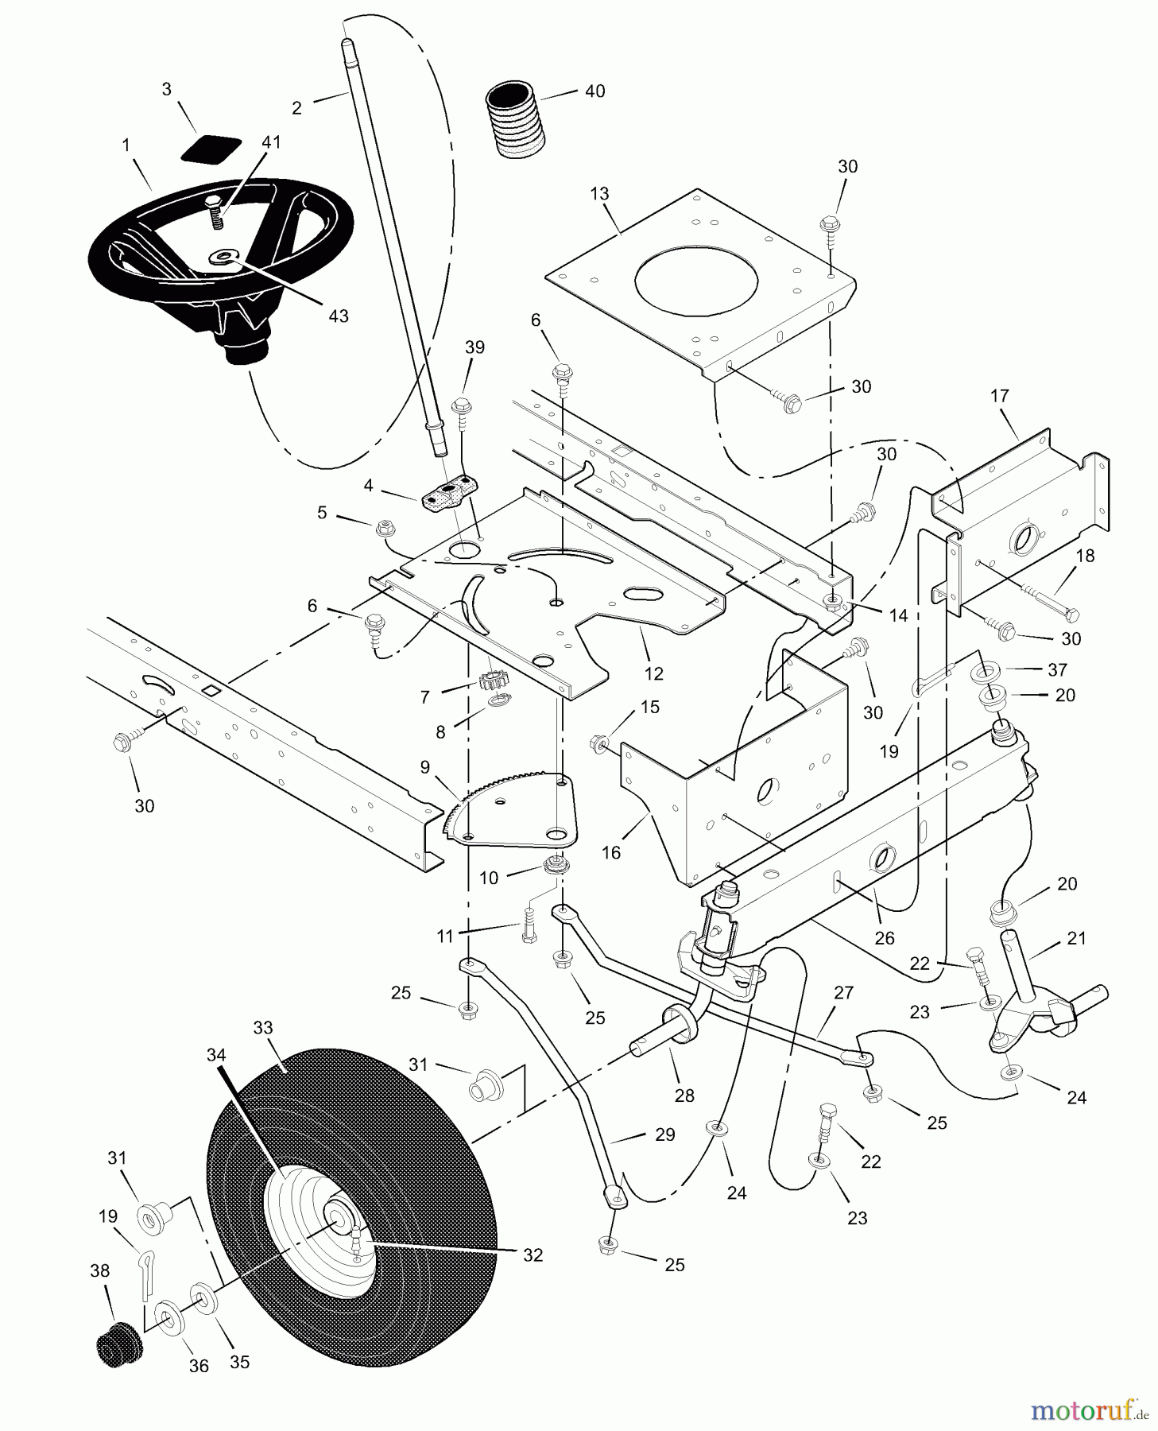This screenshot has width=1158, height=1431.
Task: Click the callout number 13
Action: coord(599,193)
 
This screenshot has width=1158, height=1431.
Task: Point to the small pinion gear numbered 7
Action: coord(492,682)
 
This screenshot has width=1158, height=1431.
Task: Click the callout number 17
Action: coord(999,395)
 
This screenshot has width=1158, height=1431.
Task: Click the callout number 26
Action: coord(885,937)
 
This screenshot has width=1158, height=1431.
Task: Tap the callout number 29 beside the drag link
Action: coord(664,1134)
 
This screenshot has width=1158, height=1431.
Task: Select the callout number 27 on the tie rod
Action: coord(843,992)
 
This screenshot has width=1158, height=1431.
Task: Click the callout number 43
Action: coord(339,316)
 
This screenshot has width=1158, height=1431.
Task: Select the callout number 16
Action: coord(611,853)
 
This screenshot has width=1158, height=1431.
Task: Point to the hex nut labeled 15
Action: coord(598,744)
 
